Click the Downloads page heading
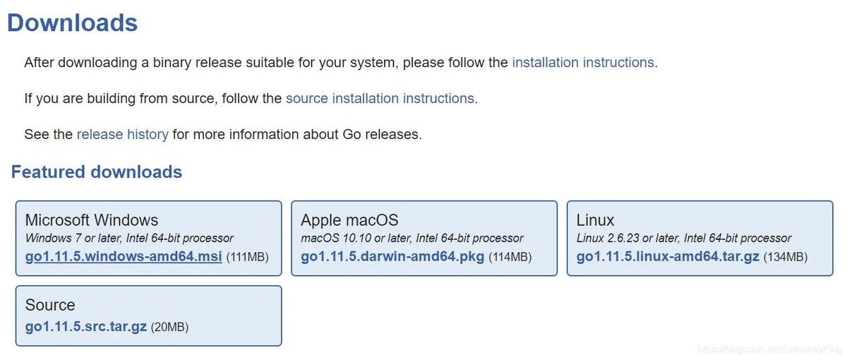[72, 23]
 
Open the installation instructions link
[583, 62]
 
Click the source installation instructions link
[380, 98]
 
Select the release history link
[123, 134]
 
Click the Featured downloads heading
[97, 172]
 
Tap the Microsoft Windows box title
[92, 220]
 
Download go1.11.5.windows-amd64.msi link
[124, 257]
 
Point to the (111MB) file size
[247, 257]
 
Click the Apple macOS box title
[349, 220]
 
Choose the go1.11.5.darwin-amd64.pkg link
[392, 257]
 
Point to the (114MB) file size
[510, 257]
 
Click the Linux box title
[595, 220]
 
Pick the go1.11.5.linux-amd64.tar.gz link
[668, 257]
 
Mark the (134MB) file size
[786, 257]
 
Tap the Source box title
[50, 305]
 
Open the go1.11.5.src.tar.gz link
[86, 327]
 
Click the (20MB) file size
[169, 327]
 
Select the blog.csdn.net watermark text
[770, 349]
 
